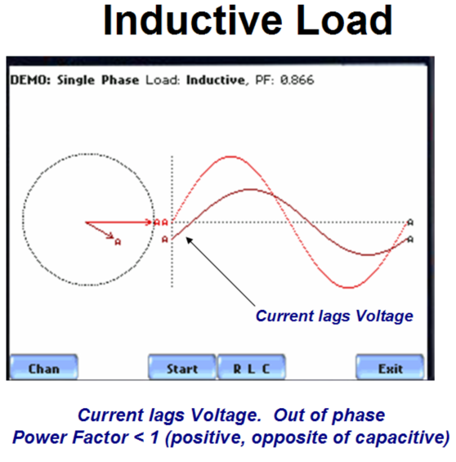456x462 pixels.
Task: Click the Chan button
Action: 44,367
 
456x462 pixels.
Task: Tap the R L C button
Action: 251,367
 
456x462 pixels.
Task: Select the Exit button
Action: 390,367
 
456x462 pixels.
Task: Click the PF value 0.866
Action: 297,80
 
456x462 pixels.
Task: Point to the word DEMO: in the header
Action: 30,80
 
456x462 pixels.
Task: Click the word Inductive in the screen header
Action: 217,80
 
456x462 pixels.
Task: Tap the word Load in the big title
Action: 344,20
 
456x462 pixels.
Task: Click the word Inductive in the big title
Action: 193,20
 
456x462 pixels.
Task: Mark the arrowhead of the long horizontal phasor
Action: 150,222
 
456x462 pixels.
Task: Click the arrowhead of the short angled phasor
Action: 111,236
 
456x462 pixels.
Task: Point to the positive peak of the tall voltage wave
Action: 232,157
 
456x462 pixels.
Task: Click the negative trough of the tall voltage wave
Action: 349,287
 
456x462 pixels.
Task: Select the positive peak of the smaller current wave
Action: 251,190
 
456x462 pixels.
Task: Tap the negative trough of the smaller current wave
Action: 368,254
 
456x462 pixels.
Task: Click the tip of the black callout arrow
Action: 187,238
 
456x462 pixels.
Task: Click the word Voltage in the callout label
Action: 384,316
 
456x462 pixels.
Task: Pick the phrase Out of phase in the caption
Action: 329,415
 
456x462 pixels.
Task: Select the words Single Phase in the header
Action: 98,80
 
